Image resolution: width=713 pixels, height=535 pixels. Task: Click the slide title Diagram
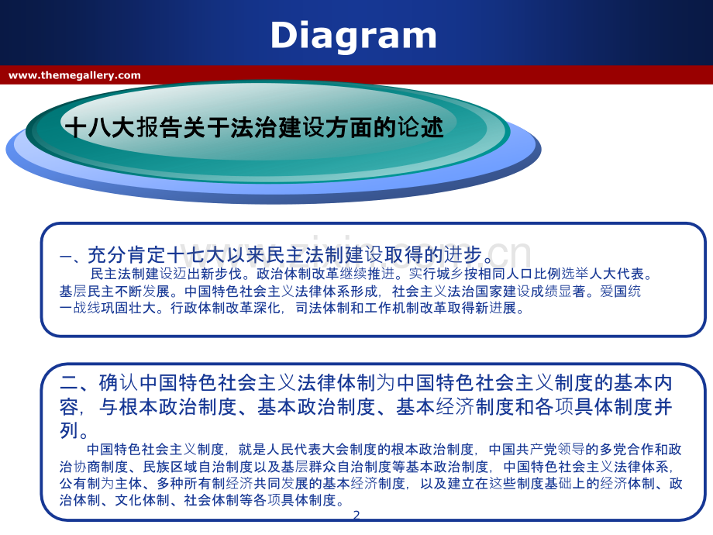click(353, 36)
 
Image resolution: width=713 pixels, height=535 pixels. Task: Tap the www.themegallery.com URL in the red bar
click(74, 75)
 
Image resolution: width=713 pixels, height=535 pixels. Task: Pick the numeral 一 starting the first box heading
click(66, 257)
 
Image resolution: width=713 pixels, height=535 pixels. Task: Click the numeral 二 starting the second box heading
click(69, 383)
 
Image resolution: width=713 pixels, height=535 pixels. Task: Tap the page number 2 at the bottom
click(356, 515)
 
